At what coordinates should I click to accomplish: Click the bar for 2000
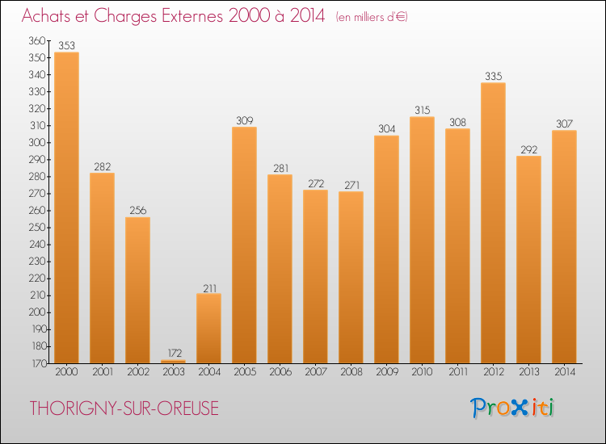coord(66,207)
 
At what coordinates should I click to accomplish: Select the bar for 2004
coord(208,328)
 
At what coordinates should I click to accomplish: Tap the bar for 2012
coord(493,223)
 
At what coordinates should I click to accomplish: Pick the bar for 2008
coord(351,277)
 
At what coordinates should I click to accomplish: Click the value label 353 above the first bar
coord(66,45)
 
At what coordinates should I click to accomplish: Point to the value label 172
coord(173,353)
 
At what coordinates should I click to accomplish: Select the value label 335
coord(493,76)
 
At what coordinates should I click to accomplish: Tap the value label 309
coord(244,120)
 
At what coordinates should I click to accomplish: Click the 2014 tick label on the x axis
coord(564,372)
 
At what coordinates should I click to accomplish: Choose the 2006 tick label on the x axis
coord(280,372)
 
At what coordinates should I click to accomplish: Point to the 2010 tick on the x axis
coord(422,372)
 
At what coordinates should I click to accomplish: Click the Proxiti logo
coord(513,408)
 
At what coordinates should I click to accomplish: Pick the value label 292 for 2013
coord(528,149)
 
